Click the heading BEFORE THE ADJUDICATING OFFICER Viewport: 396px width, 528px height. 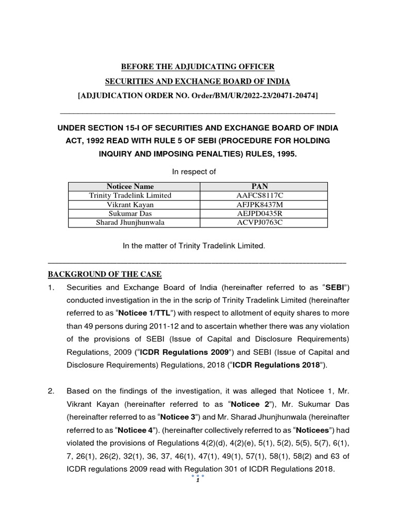197,67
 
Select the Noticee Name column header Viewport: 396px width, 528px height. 130,186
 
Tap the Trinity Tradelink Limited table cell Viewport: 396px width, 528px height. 130,195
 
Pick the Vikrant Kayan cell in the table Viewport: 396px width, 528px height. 130,205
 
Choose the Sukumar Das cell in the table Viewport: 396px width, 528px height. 130,213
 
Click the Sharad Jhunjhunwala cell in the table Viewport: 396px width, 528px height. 130,223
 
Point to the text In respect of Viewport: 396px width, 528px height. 197,171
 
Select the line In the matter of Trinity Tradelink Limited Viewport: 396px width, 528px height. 193,246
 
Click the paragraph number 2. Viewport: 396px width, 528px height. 51,391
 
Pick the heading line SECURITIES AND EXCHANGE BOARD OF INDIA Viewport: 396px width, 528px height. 197,81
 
